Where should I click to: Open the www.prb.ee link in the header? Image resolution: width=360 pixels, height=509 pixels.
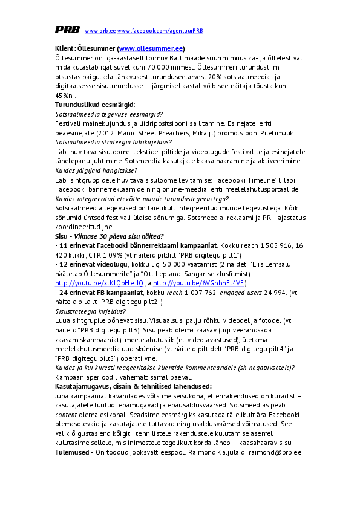pyautogui.click(x=100, y=30)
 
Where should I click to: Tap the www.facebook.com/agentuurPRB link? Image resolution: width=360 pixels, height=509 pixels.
pyautogui.click(x=160, y=30)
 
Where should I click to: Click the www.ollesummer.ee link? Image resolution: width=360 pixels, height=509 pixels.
pyautogui.click(x=151, y=48)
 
